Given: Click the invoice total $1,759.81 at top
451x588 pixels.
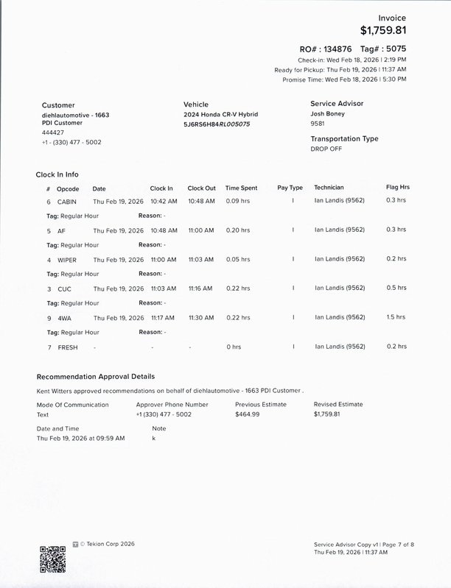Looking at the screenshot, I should [x=383, y=31].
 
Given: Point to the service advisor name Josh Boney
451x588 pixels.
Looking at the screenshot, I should [x=328, y=114].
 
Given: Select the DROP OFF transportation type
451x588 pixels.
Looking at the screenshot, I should [x=326, y=149].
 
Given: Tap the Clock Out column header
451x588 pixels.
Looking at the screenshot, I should [x=201, y=188].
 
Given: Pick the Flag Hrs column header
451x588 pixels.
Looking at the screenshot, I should [x=397, y=188].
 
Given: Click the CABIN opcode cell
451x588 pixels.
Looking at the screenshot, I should [x=67, y=201].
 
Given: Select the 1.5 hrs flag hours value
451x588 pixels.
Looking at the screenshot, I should [x=396, y=317].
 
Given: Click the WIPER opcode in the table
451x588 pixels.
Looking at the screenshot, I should [x=67, y=260].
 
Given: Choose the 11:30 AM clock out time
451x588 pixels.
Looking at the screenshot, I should [x=200, y=318].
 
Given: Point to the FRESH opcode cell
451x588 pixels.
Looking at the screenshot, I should [x=68, y=347].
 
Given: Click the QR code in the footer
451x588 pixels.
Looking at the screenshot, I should [x=52, y=559].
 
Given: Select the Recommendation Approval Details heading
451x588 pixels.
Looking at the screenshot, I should [x=96, y=377].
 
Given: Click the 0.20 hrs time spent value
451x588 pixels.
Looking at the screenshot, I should [x=237, y=230].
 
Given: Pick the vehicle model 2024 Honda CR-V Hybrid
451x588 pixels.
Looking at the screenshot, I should [x=220, y=115].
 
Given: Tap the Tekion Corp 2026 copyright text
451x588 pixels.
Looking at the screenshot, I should [x=108, y=544].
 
